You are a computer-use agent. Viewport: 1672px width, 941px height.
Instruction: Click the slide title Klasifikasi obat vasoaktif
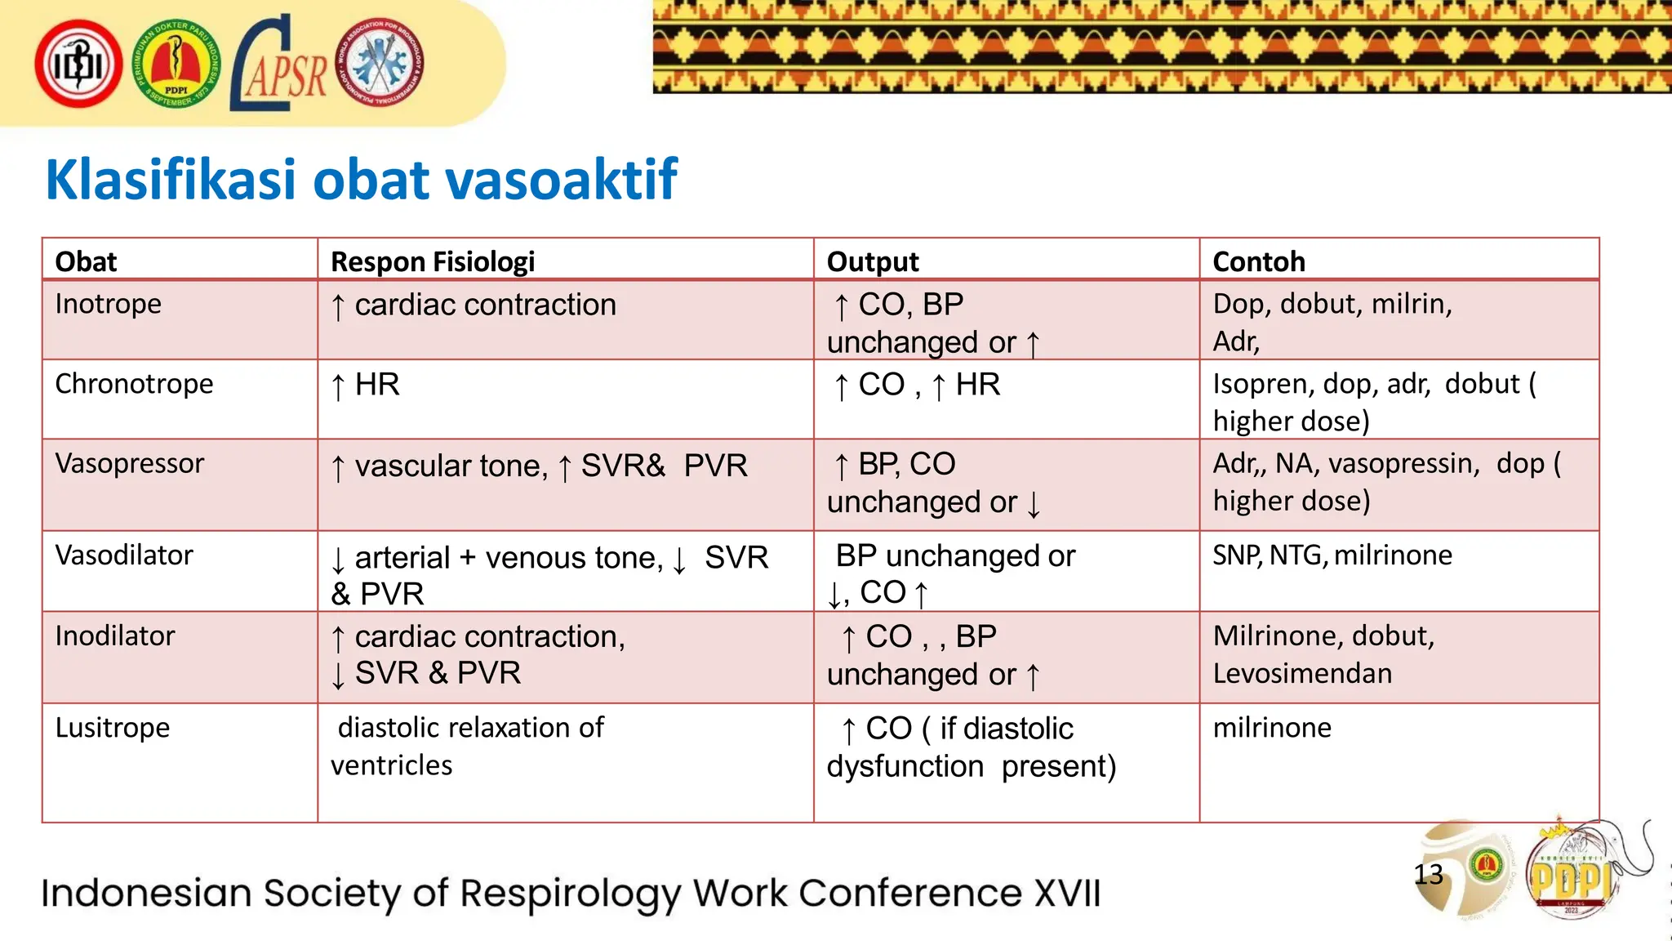click(x=361, y=180)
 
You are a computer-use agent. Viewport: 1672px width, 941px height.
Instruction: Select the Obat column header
click(x=86, y=261)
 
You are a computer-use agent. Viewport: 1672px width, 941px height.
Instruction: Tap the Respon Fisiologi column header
click(x=432, y=261)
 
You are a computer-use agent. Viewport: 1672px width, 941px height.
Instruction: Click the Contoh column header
click(x=1258, y=261)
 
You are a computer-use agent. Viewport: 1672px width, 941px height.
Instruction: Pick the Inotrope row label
click(x=108, y=304)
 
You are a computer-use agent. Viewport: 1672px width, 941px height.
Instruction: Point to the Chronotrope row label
click(x=134, y=384)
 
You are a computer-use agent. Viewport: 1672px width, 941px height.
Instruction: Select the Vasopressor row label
click(x=129, y=464)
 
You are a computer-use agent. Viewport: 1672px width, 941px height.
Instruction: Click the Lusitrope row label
click(x=112, y=728)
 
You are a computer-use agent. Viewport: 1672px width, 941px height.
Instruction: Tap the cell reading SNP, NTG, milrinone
click(x=1332, y=555)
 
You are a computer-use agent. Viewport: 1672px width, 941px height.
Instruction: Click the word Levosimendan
click(x=1302, y=674)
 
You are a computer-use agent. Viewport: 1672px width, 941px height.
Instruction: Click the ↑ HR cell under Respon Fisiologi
click(x=365, y=385)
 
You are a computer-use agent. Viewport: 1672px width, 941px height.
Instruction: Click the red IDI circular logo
click(x=78, y=65)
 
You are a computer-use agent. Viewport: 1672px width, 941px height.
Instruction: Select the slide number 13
click(x=1428, y=875)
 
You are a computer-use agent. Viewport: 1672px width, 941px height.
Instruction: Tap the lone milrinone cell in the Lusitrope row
click(x=1271, y=728)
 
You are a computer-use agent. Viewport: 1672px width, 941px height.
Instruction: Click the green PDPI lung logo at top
click(x=176, y=65)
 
